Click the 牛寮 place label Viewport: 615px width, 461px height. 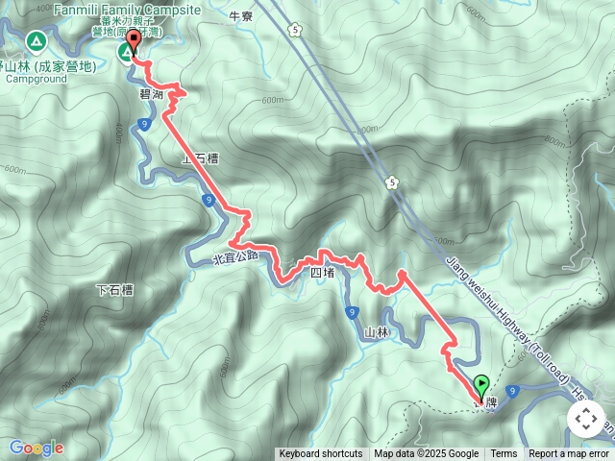click(x=241, y=15)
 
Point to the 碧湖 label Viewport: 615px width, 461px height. click(x=152, y=94)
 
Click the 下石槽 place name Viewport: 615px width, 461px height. click(x=114, y=289)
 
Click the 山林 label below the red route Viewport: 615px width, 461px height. click(x=377, y=332)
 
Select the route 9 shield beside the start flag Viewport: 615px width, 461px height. click(x=515, y=390)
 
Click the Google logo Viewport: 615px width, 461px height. click(x=36, y=448)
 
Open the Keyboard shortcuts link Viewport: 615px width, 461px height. click(x=321, y=454)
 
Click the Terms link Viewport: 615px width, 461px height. click(x=504, y=454)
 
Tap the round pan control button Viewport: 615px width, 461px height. click(x=585, y=419)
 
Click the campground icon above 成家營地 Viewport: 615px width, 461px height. click(x=36, y=41)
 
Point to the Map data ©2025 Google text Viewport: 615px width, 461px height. click(x=427, y=454)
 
